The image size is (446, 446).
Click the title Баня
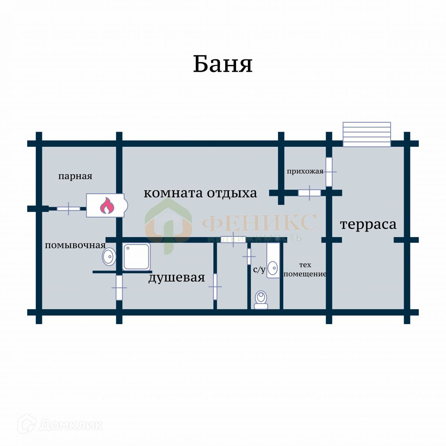(223, 64)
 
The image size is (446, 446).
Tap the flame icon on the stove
(107, 206)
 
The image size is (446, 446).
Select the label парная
(75, 176)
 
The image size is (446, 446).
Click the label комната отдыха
(200, 193)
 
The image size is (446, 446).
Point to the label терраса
(368, 224)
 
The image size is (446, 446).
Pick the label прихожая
(305, 171)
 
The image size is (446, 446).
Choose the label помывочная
(75, 245)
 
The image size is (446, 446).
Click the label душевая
(177, 277)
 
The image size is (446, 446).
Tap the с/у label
(259, 269)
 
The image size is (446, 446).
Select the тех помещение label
(305, 269)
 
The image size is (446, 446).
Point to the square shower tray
(136, 256)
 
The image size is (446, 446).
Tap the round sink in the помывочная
(109, 256)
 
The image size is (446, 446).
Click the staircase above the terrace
(367, 134)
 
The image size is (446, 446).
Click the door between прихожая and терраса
(329, 172)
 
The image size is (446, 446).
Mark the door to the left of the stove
(68, 209)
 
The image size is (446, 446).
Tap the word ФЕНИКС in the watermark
(259, 222)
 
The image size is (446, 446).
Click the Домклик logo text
(71, 425)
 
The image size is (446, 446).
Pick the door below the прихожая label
(310, 193)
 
